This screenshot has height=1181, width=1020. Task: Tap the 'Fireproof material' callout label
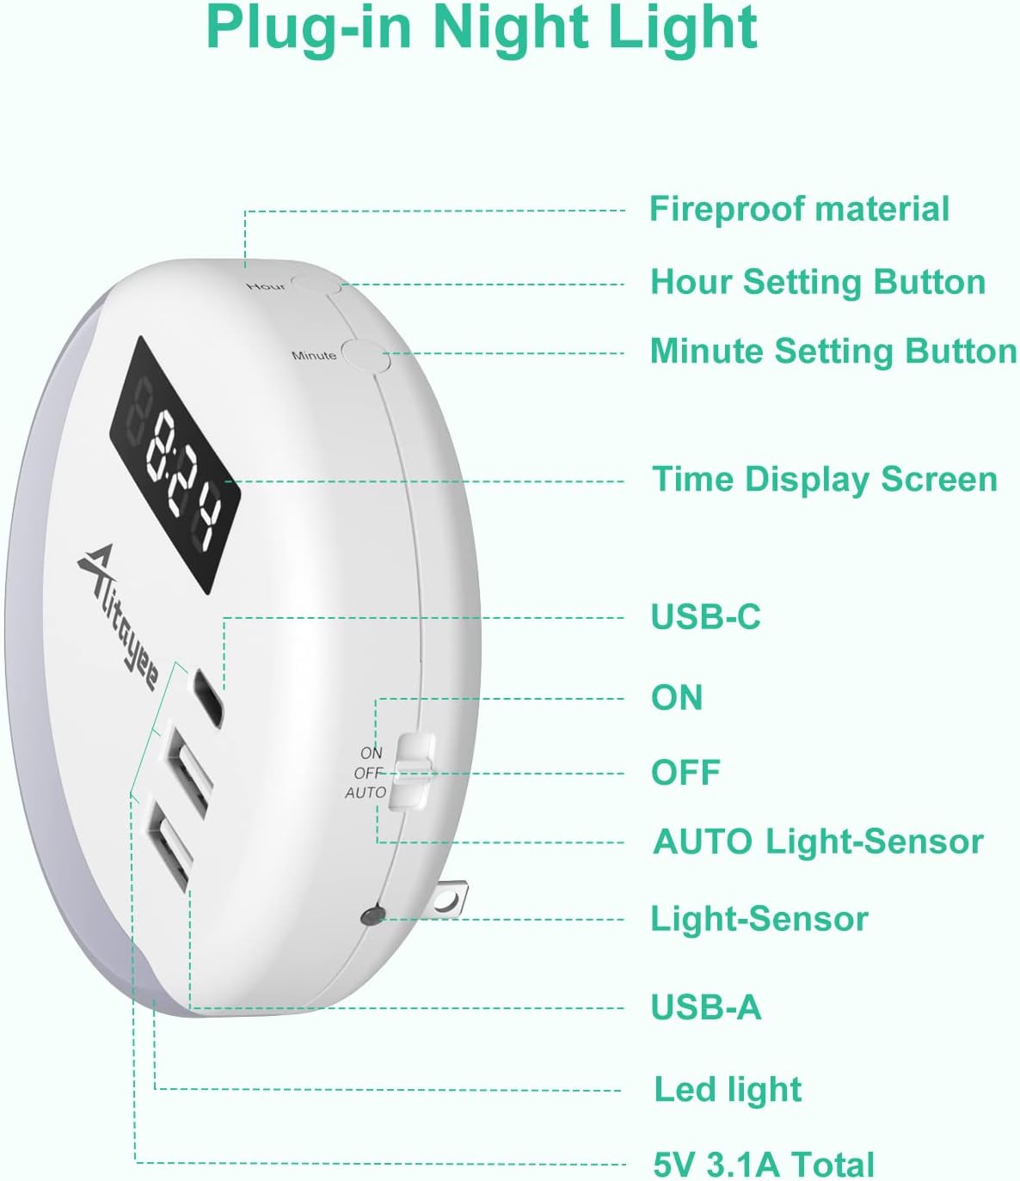point(799,209)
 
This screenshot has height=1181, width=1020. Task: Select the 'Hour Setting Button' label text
point(818,282)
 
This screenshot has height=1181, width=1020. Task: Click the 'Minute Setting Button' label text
point(833,352)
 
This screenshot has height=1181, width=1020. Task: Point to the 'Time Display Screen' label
point(825,480)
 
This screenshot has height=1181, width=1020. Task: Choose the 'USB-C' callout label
point(705,616)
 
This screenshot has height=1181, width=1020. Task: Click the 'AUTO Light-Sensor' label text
point(818,841)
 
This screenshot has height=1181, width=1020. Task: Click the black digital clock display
point(175,464)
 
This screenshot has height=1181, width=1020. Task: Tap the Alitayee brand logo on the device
point(120,616)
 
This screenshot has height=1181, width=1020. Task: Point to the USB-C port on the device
point(208,698)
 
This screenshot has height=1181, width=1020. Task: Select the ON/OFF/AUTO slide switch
point(411,771)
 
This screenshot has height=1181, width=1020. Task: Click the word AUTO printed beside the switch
point(366,792)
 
